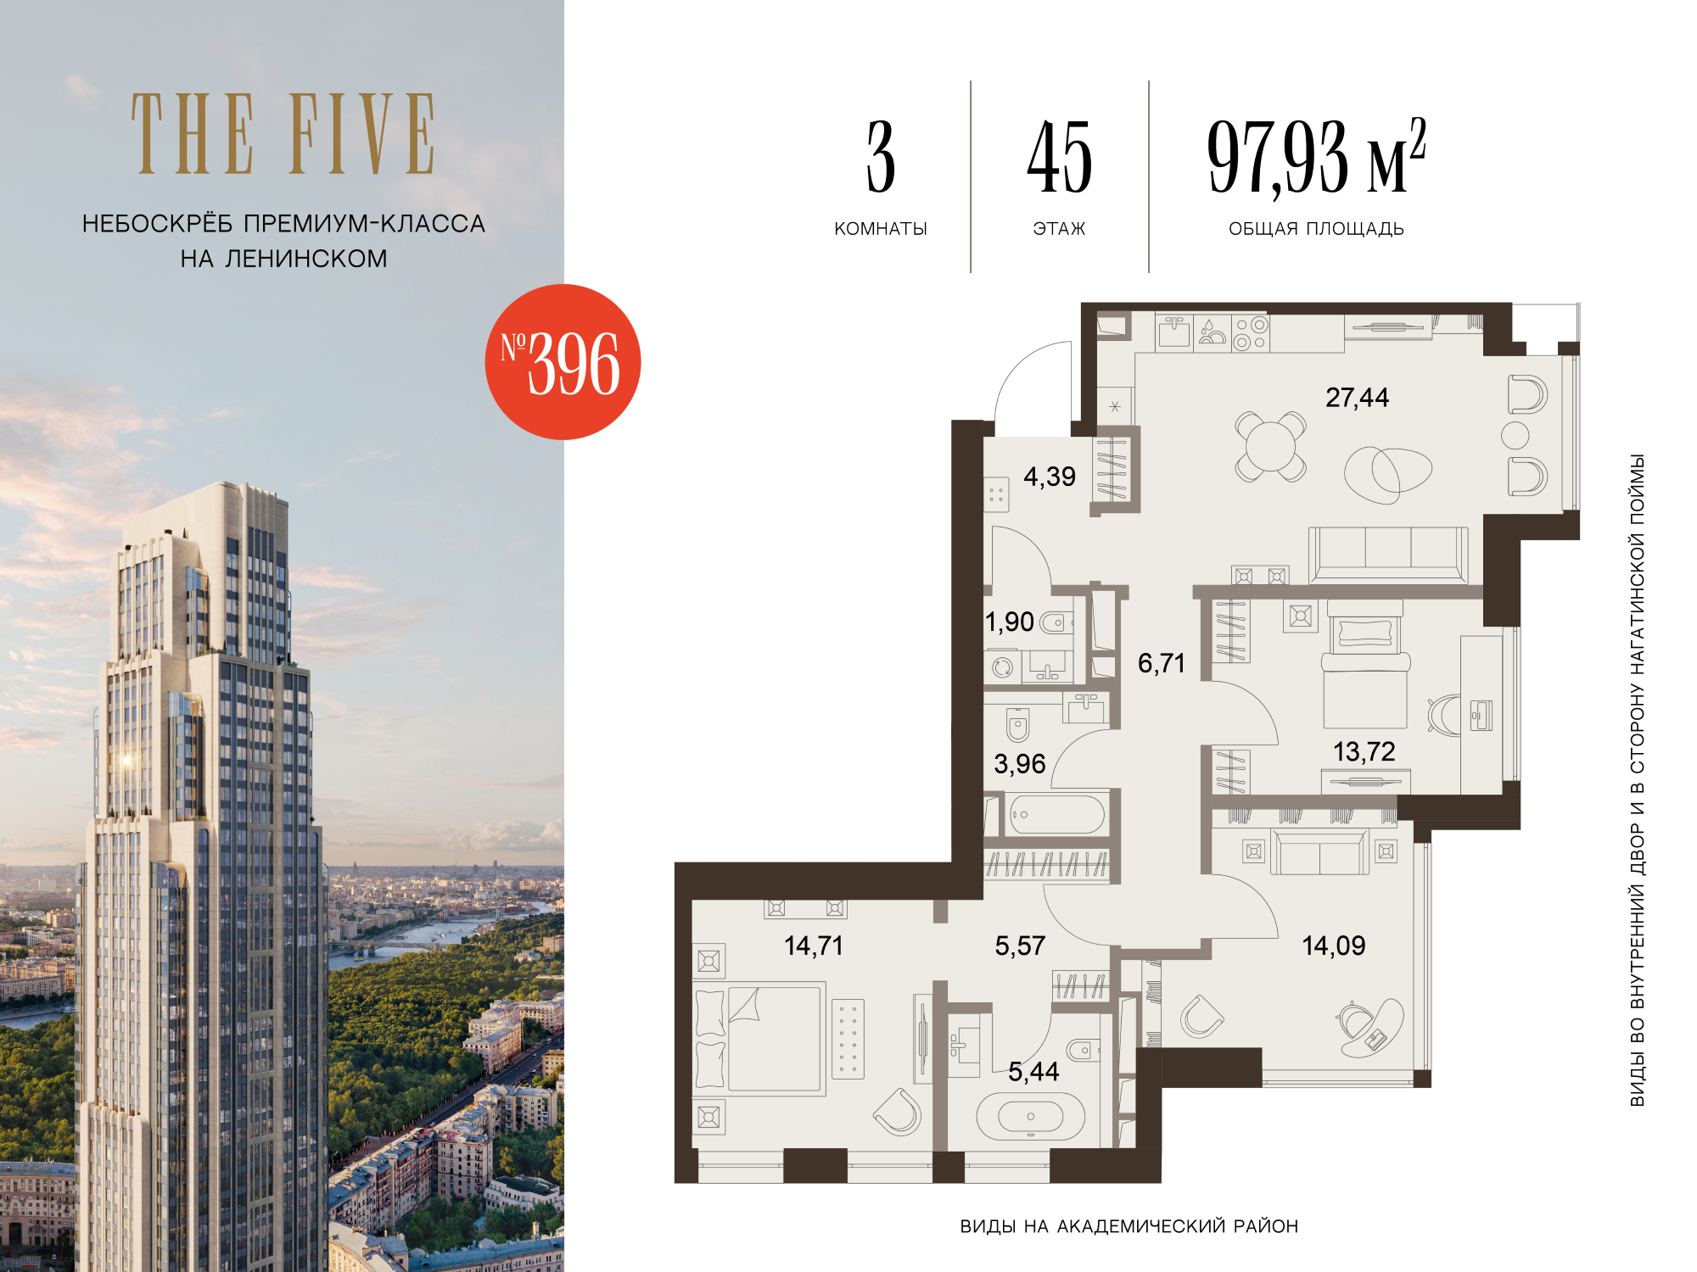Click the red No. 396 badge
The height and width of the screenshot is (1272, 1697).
pos(563,362)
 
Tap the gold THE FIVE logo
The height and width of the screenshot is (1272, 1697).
pos(283,134)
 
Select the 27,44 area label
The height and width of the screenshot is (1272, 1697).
pos(1358,398)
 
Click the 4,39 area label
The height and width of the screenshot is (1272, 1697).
pos(1050,477)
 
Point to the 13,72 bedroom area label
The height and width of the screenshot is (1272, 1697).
pos(1364,751)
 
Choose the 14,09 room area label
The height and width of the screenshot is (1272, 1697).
pos(1334,946)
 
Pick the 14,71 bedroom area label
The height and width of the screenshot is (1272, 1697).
pos(814,946)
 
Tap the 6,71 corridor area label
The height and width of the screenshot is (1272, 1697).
pos(1162,663)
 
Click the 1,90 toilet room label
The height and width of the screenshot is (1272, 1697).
pos(1010,622)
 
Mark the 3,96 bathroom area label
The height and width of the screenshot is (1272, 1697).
pos(1020,764)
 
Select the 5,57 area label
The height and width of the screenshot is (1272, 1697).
pos(1020,946)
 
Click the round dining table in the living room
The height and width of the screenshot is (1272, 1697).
pos(1270,446)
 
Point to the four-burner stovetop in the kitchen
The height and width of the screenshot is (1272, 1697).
pos(1250,333)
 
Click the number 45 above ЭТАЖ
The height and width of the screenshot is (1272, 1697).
pos(1060,157)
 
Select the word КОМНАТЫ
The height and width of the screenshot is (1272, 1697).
pos(881,229)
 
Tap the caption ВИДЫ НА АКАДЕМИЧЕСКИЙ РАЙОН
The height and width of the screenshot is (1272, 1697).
pos(1129,1226)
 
